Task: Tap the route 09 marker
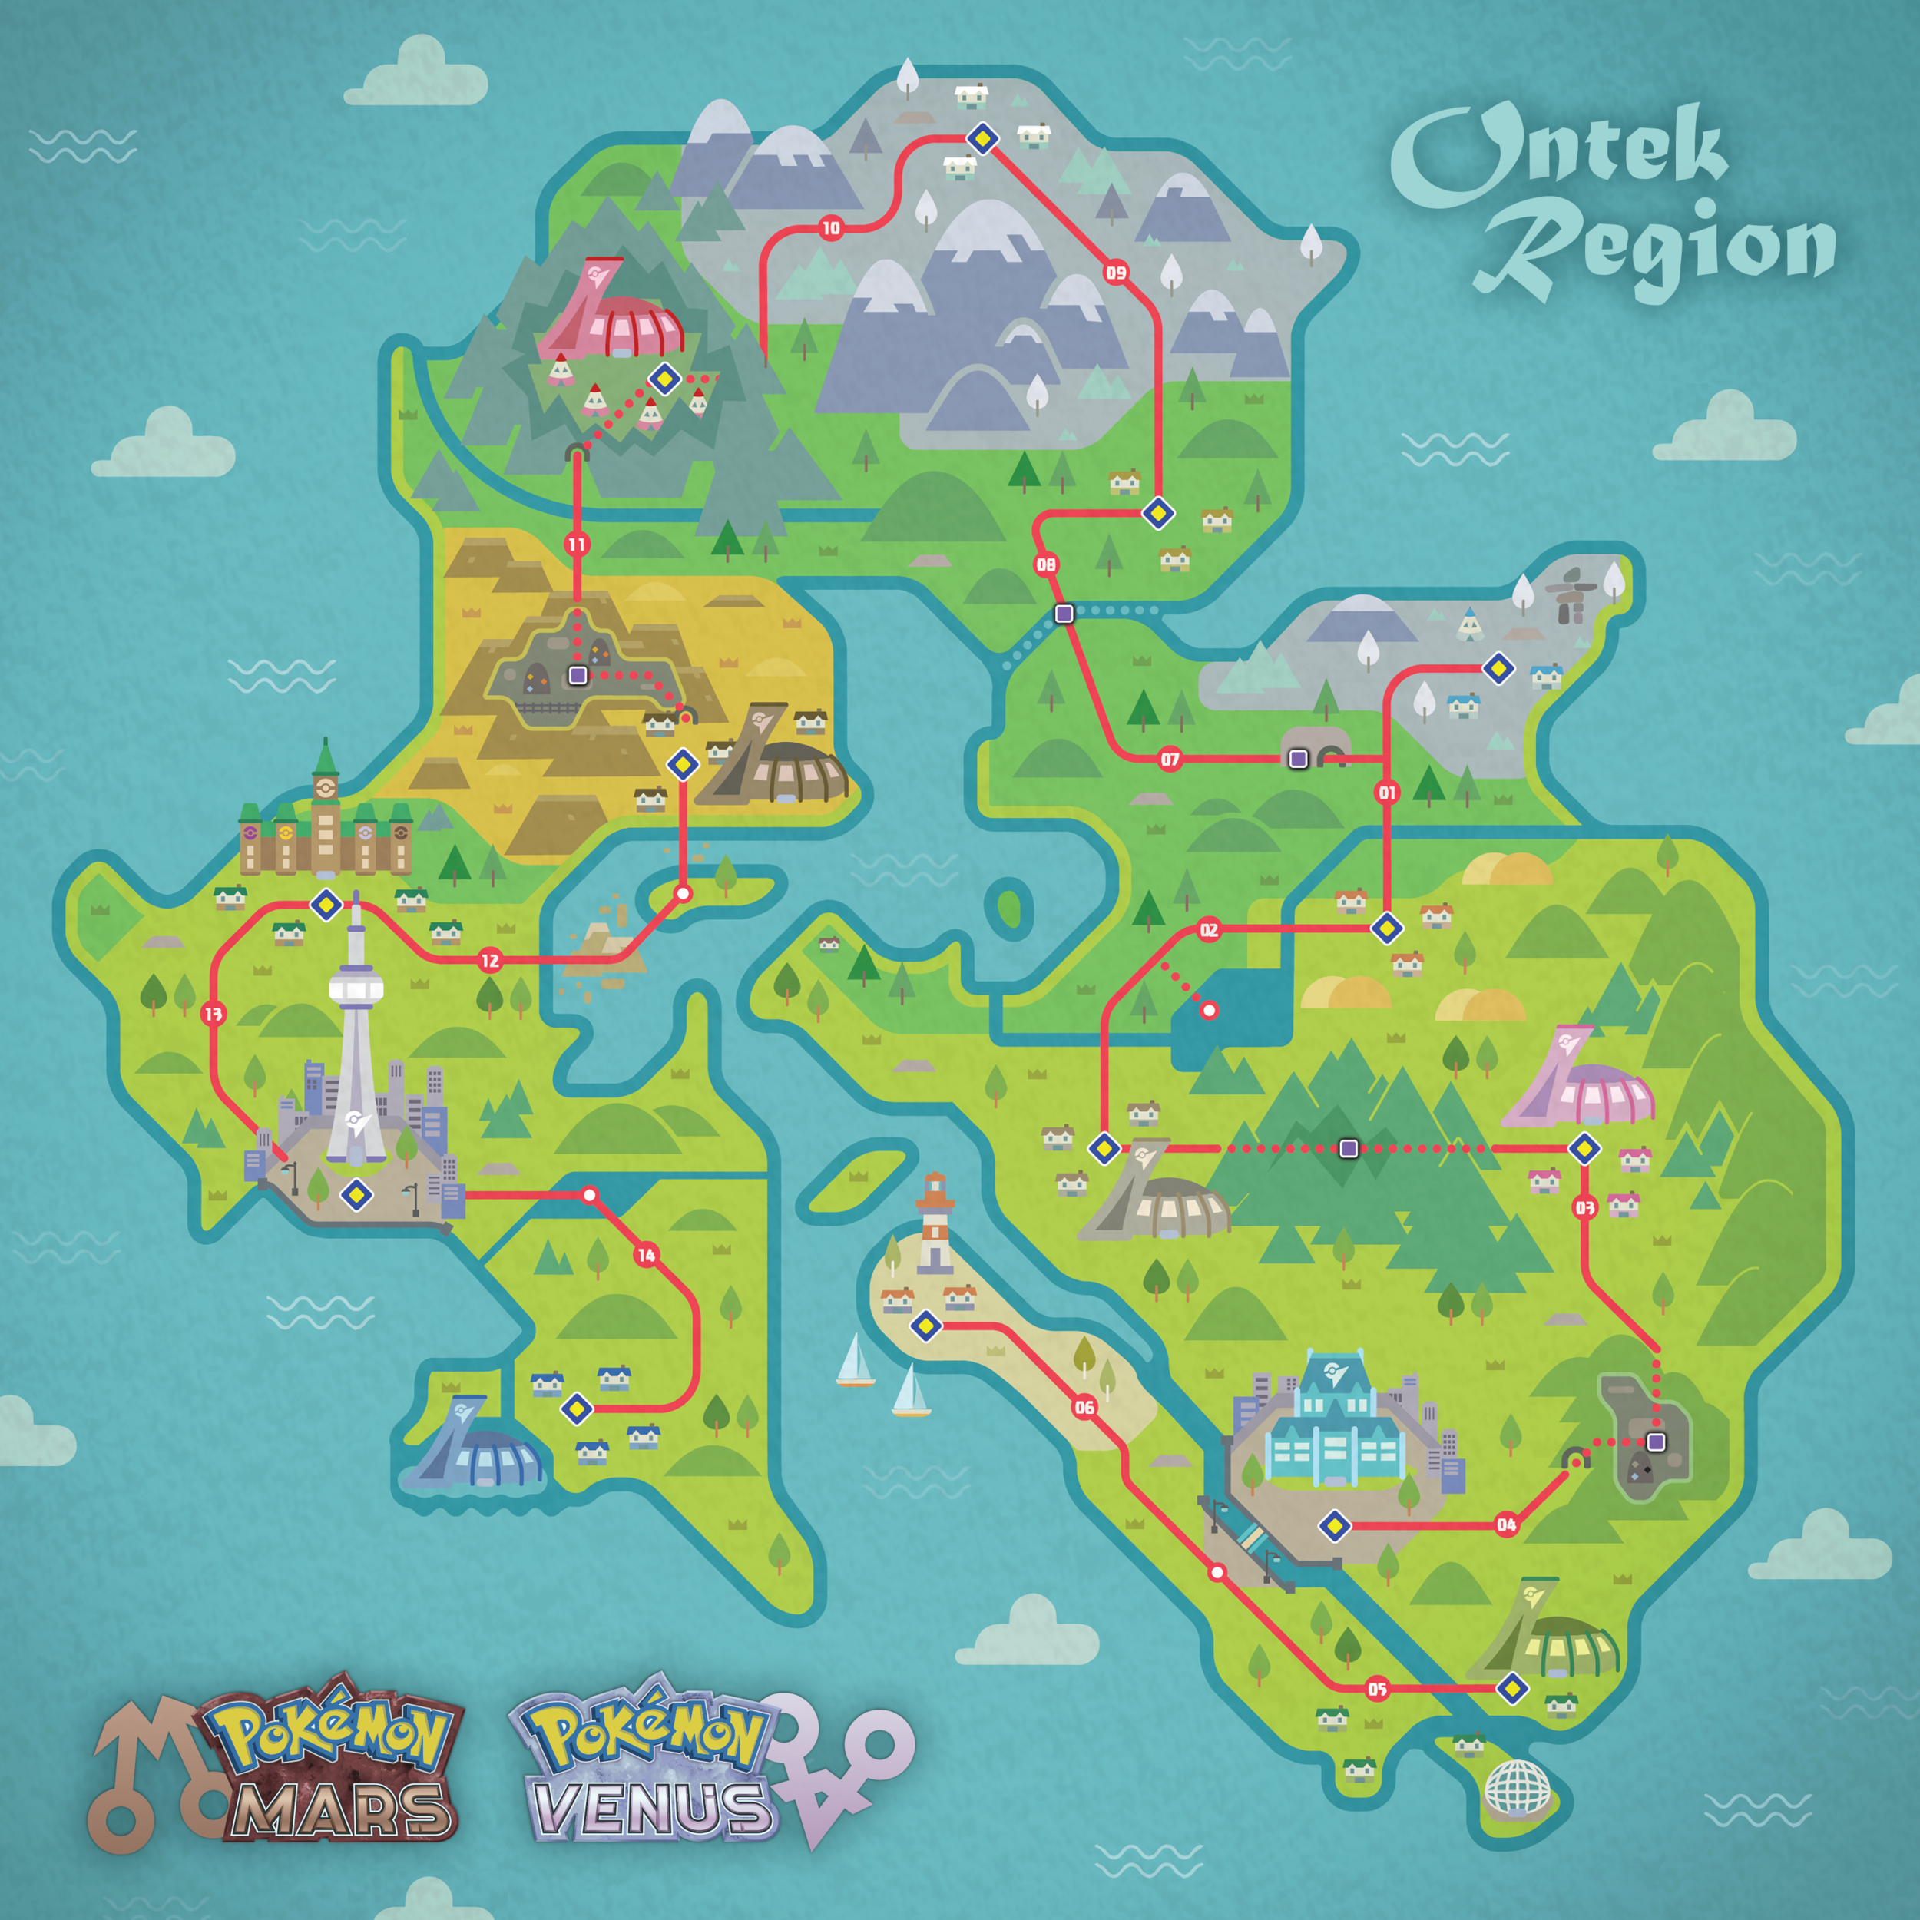[x=1116, y=273]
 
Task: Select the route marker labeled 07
[x=1170, y=760]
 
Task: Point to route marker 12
[x=490, y=960]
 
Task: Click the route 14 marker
[x=646, y=1255]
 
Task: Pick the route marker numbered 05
[x=1377, y=1690]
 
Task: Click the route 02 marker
[x=1208, y=930]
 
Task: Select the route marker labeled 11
[x=577, y=544]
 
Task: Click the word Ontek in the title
[x=1561, y=154]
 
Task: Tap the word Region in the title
[x=1655, y=248]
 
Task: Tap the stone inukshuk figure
[x=1571, y=594]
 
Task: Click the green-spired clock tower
[x=325, y=795]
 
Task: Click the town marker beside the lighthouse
[x=926, y=1326]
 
